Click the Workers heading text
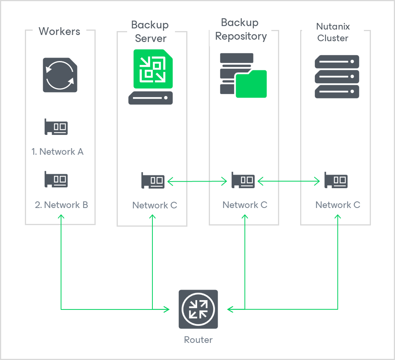point(59,31)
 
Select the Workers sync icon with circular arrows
point(60,75)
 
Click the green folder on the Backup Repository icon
point(251,84)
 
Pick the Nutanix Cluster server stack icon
point(336,77)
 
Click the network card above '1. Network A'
point(56,127)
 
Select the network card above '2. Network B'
point(56,180)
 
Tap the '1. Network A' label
point(58,152)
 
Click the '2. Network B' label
point(61,205)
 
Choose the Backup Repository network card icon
point(243,180)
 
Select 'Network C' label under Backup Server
point(155,205)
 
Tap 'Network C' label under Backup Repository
point(245,205)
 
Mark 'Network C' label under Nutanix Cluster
point(338,205)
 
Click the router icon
point(198,309)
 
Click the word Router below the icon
point(198,340)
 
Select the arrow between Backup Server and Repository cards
point(197,181)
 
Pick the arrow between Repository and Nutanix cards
point(289,181)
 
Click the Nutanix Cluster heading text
point(333,32)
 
